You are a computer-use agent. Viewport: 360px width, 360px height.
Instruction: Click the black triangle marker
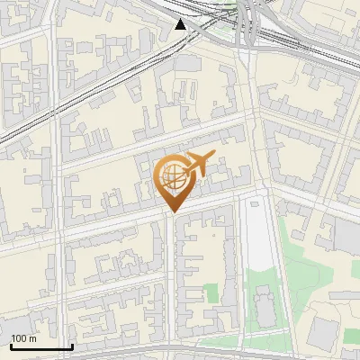[x=181, y=24]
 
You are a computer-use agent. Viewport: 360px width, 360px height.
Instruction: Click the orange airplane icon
[x=197, y=164]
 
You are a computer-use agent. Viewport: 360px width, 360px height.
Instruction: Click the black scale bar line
[x=41, y=346]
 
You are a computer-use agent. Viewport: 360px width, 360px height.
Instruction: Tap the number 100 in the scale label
[x=19, y=339]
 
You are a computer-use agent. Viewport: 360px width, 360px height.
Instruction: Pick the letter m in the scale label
[x=32, y=339]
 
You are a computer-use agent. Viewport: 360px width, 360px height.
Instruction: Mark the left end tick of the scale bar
[x=11, y=345]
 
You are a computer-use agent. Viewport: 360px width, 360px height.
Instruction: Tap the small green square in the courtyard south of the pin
[x=211, y=293]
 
